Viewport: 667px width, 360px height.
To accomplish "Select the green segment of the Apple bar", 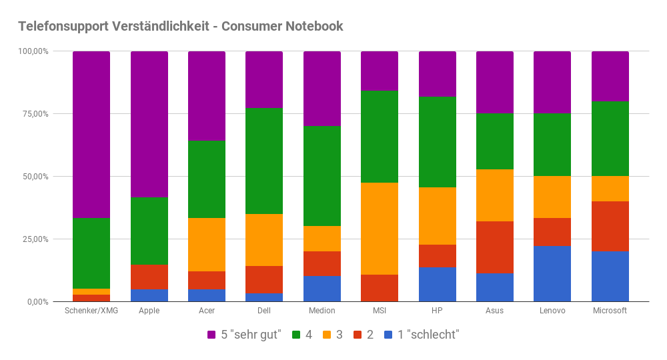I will coord(149,231).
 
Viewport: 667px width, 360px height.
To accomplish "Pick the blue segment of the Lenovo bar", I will coord(552,274).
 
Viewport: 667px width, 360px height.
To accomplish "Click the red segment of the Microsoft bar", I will coord(610,227).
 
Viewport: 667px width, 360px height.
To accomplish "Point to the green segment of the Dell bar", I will coord(264,161).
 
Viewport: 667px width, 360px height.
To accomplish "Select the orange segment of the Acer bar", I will coord(207,245).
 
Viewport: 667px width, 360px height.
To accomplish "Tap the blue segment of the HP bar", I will coord(438,285).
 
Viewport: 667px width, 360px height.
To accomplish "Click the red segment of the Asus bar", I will coord(495,247).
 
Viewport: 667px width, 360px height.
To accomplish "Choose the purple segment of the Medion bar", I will coord(322,89).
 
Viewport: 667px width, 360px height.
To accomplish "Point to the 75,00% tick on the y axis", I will coord(33,114).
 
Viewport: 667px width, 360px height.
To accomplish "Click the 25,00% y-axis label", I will coord(33,239).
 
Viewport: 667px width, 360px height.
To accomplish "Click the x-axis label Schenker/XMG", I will coord(91,311).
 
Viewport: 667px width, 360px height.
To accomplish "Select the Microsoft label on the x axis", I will coord(610,311).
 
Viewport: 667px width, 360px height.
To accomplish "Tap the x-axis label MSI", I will coord(380,311).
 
